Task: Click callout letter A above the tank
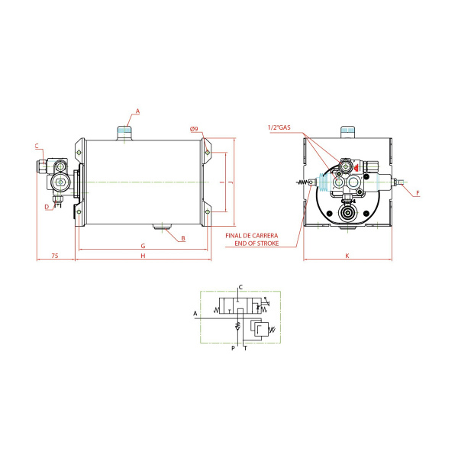click(137, 111)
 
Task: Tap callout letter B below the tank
click(183, 238)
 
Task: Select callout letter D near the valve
click(47, 207)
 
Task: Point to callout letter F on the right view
click(418, 193)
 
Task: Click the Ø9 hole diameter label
click(194, 129)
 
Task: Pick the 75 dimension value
click(55, 256)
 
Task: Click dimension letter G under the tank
click(143, 246)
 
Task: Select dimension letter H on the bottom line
click(143, 256)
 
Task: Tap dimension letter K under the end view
click(347, 256)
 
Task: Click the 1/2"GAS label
click(279, 127)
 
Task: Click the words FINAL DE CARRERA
click(252, 235)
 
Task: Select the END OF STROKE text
click(256, 243)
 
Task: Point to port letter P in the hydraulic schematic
click(233, 348)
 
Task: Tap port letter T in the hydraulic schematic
click(245, 348)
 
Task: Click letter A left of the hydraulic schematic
click(195, 314)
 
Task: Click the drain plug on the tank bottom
click(163, 227)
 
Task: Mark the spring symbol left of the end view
click(302, 182)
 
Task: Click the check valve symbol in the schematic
click(237, 326)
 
